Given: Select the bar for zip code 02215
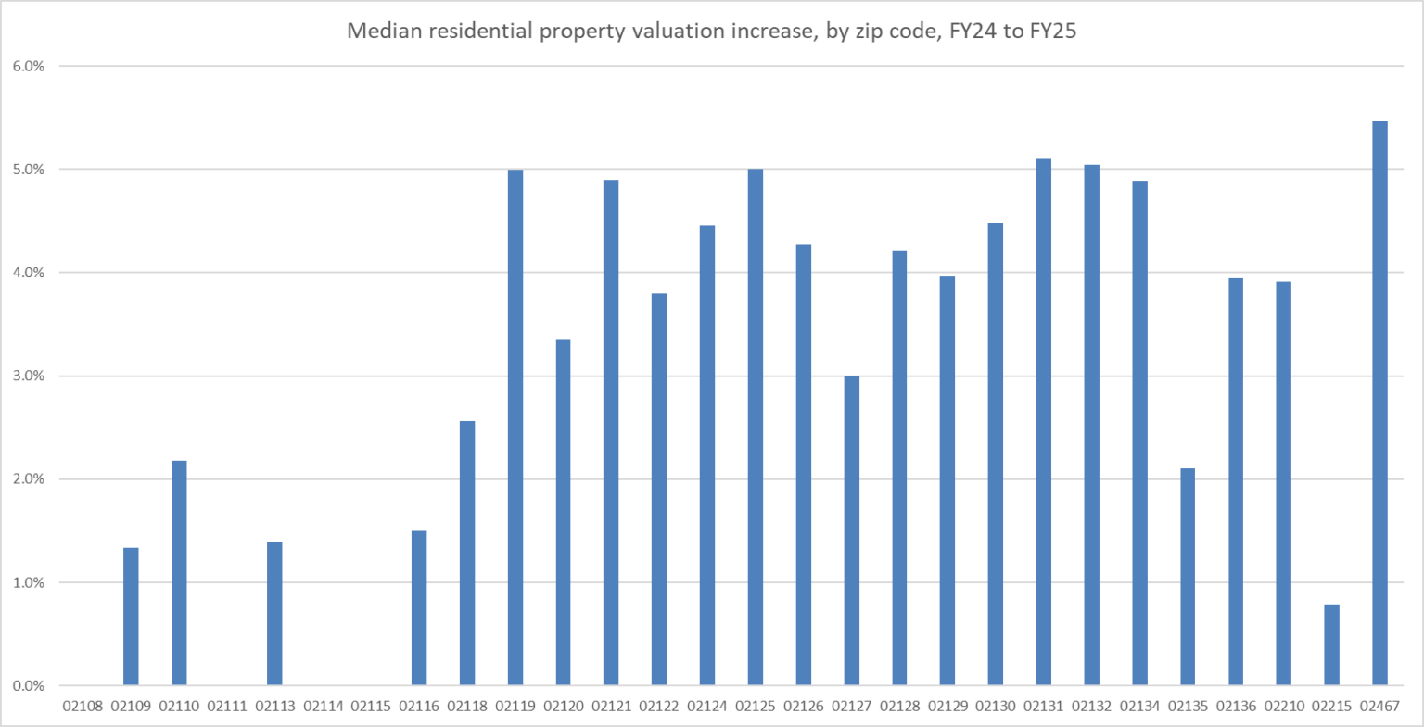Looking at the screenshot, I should click(1331, 645).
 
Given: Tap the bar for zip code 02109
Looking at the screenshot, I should click(131, 617).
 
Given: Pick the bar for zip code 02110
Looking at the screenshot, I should click(179, 573).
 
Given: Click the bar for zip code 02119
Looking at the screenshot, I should click(515, 427).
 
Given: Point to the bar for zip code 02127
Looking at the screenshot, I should click(851, 530).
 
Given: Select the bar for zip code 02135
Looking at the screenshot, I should click(1188, 577).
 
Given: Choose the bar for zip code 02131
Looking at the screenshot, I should click(1043, 422).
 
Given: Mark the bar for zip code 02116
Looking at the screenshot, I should click(419, 608).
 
